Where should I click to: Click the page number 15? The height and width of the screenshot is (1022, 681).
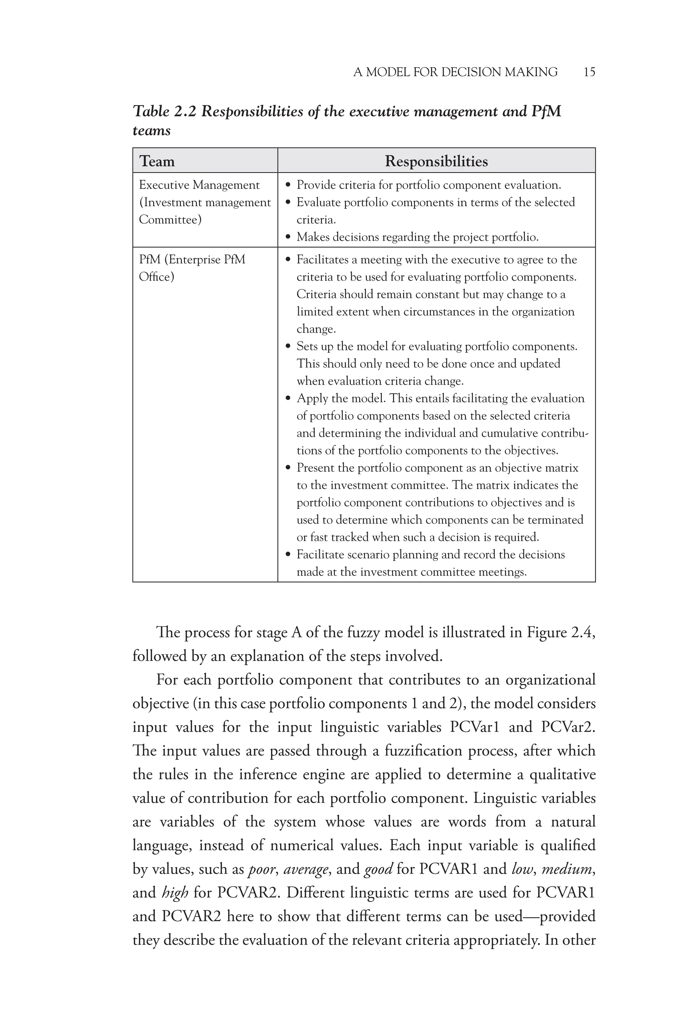point(589,72)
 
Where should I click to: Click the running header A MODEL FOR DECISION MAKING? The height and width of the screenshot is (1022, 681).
point(455,72)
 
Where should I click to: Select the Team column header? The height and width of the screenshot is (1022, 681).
point(157,161)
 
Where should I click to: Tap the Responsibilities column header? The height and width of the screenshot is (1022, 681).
point(436,161)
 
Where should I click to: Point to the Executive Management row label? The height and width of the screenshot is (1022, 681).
point(199,185)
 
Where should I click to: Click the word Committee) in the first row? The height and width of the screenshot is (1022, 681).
point(170,220)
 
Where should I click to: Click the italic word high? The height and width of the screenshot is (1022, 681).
point(175,893)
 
